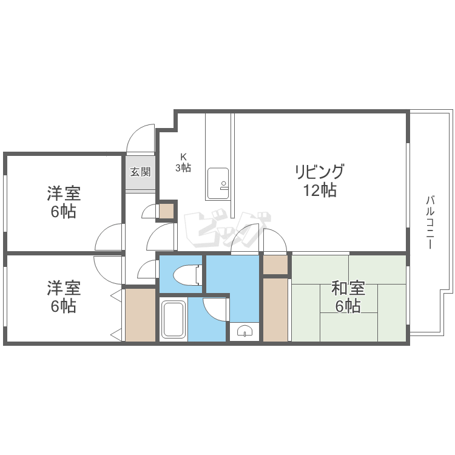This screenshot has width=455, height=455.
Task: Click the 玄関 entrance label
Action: (x=140, y=172)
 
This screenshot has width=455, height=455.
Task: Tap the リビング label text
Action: (x=320, y=172)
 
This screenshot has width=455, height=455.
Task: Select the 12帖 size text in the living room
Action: (x=320, y=190)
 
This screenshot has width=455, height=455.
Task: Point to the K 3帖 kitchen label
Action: (x=183, y=163)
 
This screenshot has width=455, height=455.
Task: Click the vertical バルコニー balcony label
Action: (x=430, y=222)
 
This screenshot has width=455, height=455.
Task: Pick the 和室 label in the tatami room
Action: (x=348, y=288)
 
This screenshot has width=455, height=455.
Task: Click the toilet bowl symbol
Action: (x=186, y=276)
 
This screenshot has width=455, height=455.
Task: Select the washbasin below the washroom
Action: (x=245, y=331)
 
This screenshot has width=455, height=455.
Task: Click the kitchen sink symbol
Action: (x=218, y=183)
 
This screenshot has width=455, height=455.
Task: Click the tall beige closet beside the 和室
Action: (x=275, y=309)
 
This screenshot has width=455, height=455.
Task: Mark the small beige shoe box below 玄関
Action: (x=166, y=211)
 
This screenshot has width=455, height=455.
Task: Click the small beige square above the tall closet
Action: (x=275, y=265)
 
